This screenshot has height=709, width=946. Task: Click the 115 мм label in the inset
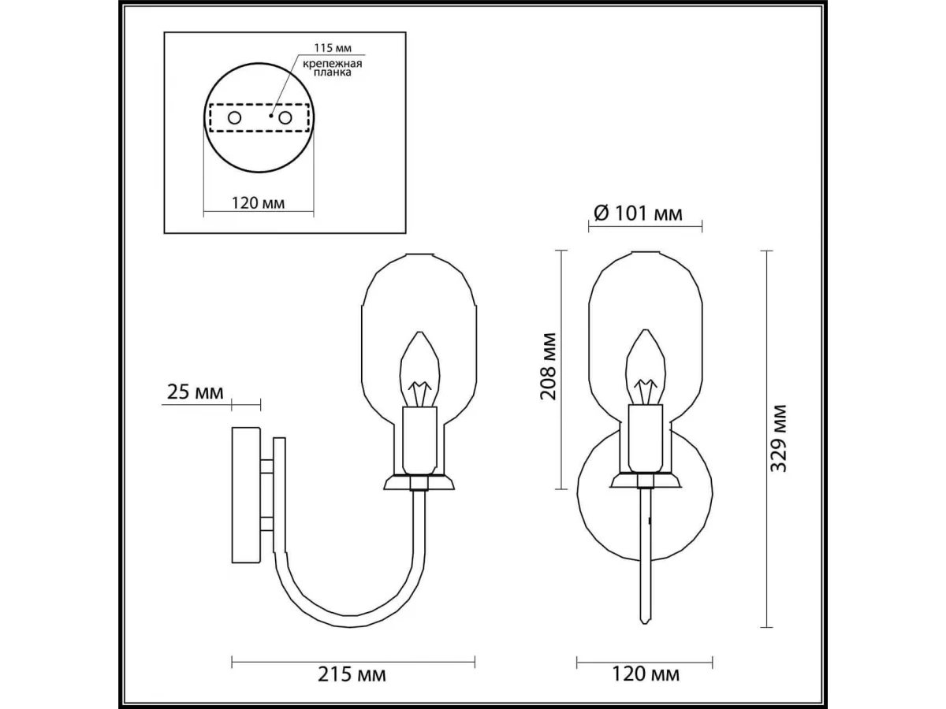pyautogui.click(x=333, y=47)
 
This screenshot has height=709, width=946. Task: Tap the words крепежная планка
pyautogui.click(x=333, y=68)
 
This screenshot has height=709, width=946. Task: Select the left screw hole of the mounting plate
pyautogui.click(x=234, y=117)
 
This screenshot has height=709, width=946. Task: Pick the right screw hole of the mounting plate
pyautogui.click(x=285, y=117)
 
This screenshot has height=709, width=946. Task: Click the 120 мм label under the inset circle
pyautogui.click(x=258, y=202)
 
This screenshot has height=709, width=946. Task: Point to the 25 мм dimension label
pyautogui.click(x=196, y=392)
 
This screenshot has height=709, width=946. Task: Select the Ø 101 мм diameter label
pyautogui.click(x=639, y=213)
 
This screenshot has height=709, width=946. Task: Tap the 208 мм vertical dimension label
pyautogui.click(x=549, y=366)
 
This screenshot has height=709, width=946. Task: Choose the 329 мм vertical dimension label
pyautogui.click(x=779, y=438)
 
